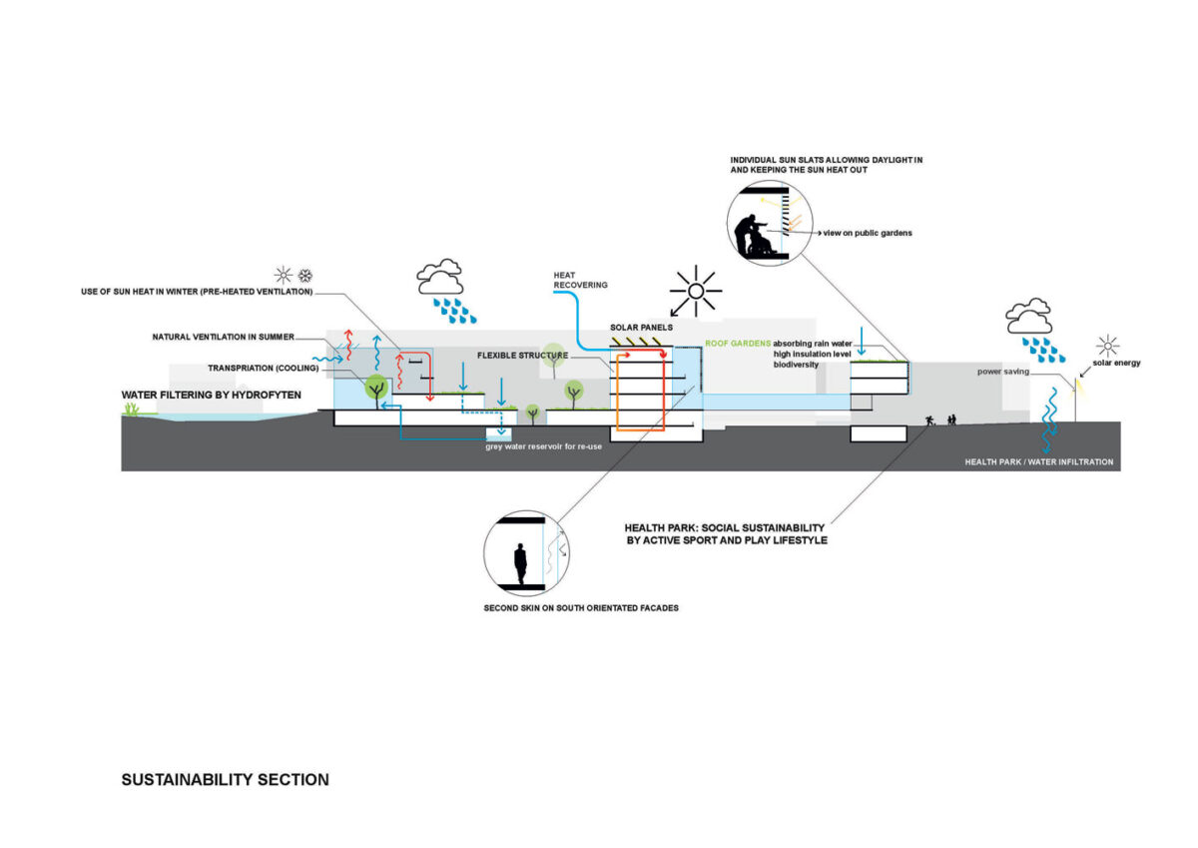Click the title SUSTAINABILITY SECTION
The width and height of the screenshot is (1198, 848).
click(225, 779)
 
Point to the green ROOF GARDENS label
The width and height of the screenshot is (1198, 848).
click(738, 344)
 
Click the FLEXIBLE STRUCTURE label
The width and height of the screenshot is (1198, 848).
click(522, 356)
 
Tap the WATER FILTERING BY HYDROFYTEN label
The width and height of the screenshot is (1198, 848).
click(212, 396)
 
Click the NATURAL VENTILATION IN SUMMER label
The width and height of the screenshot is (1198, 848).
click(223, 336)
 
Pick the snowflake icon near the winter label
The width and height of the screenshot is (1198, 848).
click(306, 275)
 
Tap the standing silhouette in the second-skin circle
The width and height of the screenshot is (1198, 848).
click(519, 563)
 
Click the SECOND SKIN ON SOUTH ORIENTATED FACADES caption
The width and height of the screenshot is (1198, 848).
click(580, 607)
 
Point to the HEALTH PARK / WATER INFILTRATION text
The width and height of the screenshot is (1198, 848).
click(1038, 462)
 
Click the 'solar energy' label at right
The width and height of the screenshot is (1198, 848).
click(1116, 363)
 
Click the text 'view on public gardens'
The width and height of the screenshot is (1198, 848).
click(868, 233)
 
